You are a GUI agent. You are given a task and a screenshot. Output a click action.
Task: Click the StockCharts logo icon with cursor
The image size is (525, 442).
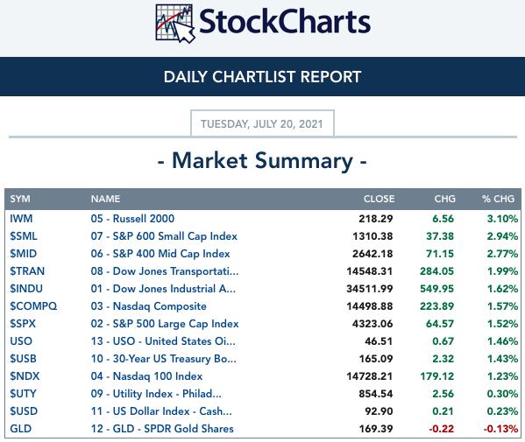175,24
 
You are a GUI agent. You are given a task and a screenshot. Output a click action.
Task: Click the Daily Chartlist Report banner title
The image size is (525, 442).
263,77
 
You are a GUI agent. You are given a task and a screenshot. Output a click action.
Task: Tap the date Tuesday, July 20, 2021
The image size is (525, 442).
262,124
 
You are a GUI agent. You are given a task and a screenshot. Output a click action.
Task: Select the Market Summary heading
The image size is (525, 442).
263,161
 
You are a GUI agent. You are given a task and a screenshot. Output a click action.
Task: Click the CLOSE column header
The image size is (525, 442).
379,199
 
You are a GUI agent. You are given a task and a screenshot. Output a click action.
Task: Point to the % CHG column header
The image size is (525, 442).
498,199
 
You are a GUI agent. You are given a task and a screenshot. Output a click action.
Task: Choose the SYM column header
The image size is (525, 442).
20,199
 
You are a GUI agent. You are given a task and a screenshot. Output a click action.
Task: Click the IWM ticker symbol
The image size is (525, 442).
21,219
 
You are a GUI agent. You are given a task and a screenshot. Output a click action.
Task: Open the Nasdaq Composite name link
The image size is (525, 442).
149,306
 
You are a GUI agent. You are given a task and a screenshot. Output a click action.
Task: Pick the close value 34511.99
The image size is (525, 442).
370,289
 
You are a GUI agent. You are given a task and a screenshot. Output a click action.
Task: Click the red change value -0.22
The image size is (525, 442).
441,429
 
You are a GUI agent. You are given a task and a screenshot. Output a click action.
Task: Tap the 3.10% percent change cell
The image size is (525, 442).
502,219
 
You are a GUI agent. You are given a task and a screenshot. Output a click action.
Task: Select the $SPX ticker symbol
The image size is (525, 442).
23,324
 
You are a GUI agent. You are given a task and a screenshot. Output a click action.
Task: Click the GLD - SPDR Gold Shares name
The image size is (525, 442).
162,429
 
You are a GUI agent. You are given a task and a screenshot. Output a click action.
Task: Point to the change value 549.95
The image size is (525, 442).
437,289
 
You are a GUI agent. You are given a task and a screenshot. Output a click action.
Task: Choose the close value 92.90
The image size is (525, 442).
379,411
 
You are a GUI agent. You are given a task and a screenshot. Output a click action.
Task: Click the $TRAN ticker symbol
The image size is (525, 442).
27,271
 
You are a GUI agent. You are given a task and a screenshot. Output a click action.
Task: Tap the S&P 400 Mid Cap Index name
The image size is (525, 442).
160,254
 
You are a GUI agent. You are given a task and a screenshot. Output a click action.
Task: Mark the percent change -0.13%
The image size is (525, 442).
500,429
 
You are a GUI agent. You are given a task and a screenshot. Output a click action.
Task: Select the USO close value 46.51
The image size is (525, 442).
379,341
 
